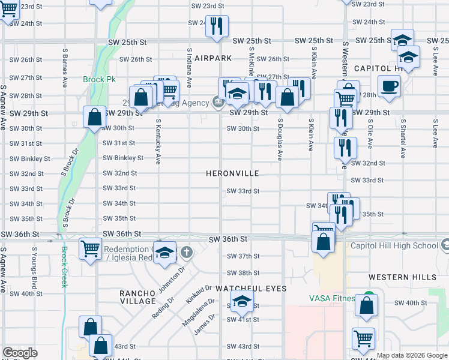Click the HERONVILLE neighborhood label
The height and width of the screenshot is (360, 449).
pos(232,173)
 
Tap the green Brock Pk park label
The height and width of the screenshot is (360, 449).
pos(99,79)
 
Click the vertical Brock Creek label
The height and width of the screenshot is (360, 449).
pos(64,266)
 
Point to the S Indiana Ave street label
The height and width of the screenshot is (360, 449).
pos(189,68)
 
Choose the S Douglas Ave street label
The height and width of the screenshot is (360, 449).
pos(280,139)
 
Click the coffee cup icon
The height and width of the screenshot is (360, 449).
pos(389,85)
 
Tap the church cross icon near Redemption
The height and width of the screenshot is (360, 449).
pos(187,251)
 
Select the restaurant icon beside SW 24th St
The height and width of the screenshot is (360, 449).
pos(217,26)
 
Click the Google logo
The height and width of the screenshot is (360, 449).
pos(20,353)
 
